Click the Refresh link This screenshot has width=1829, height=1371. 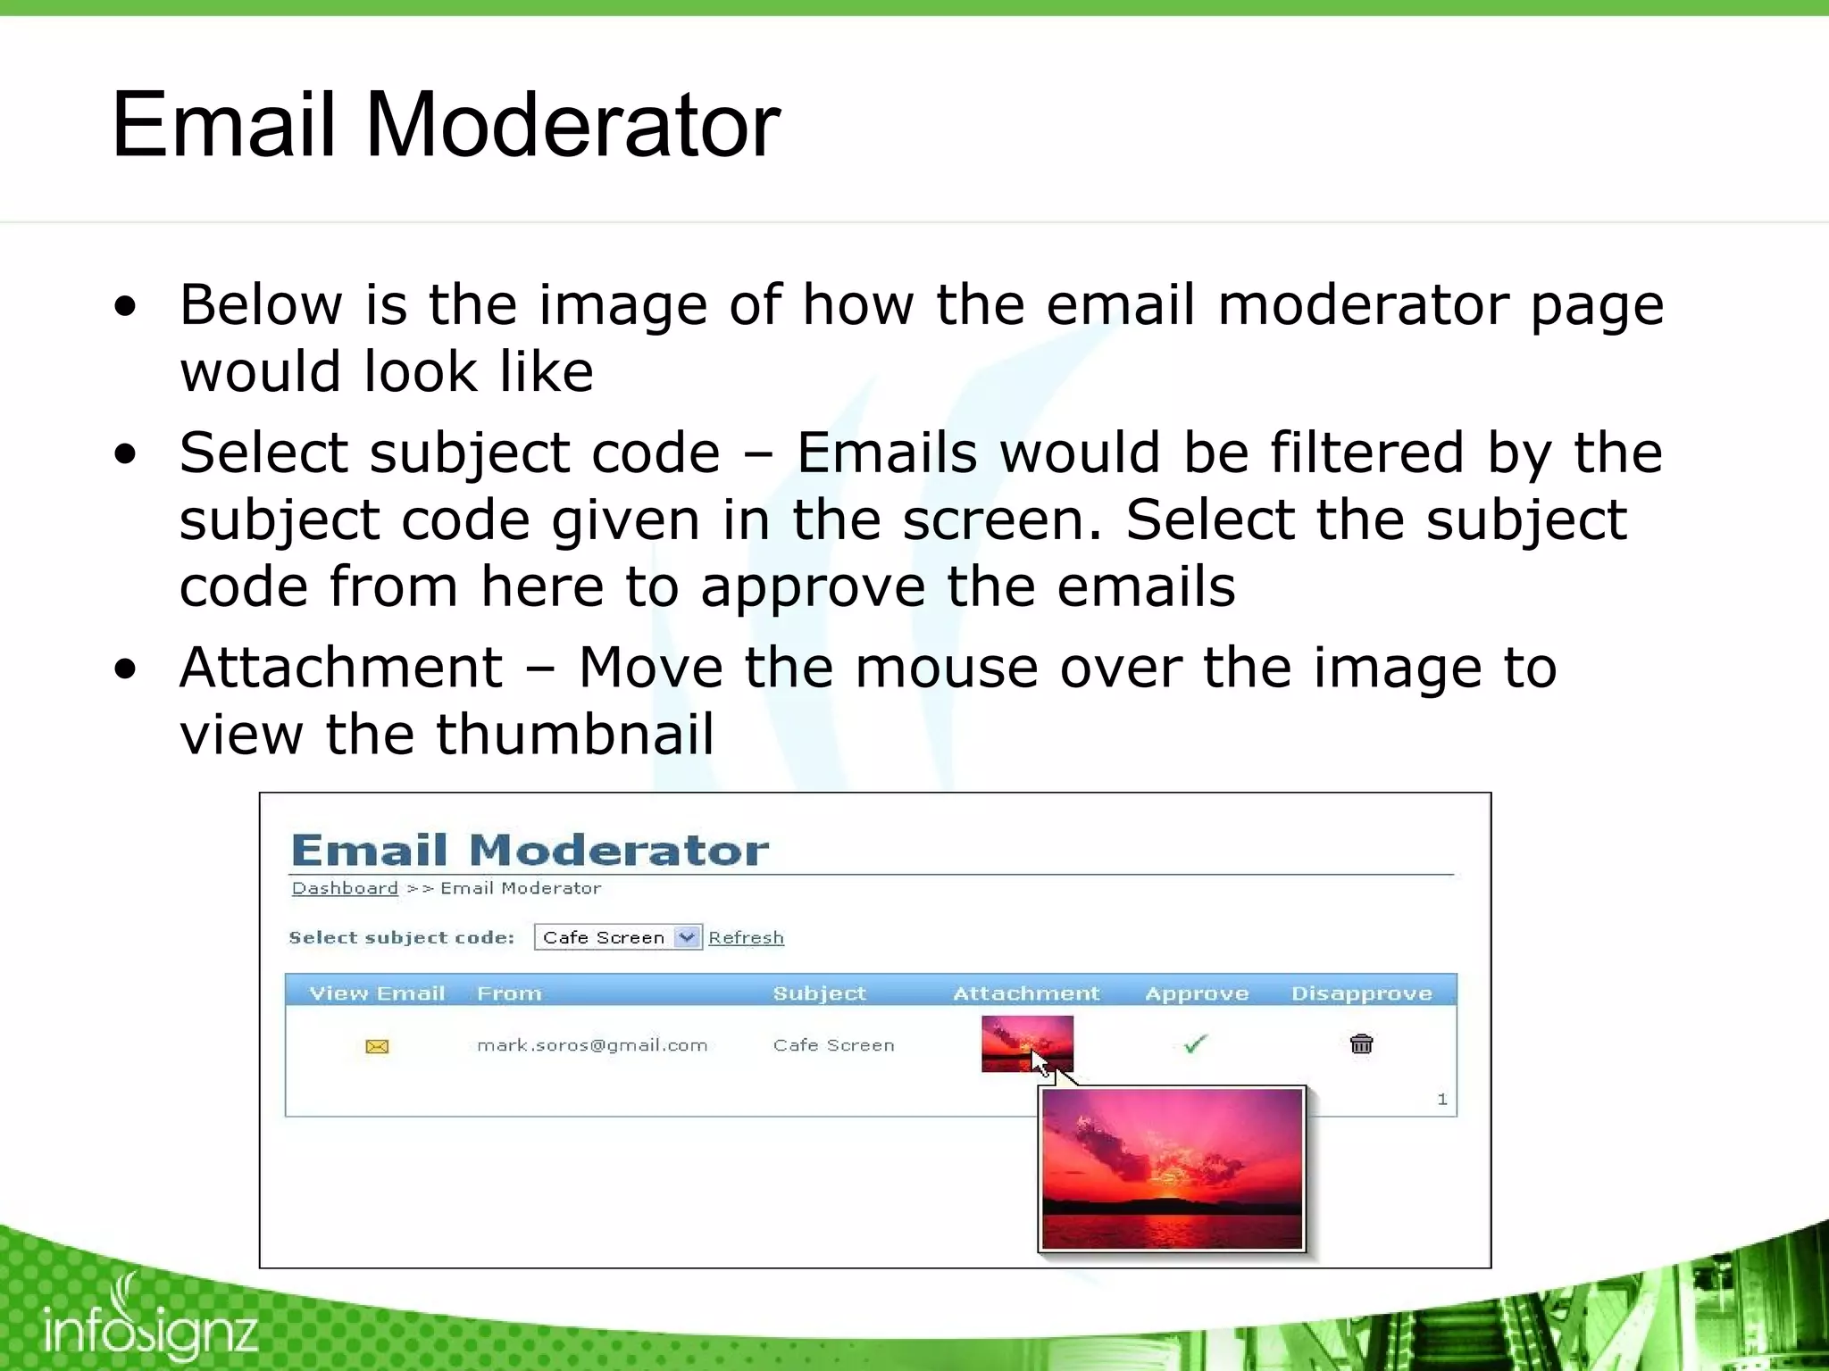coord(746,937)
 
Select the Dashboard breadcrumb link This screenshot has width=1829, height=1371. coord(345,888)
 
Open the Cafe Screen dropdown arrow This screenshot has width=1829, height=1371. coord(687,937)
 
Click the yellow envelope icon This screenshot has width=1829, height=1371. coord(377,1046)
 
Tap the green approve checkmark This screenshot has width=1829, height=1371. coord(1195,1043)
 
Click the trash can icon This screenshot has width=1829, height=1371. coord(1361,1043)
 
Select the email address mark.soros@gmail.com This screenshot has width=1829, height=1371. coord(592,1045)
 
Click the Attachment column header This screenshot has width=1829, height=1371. coord(1026,993)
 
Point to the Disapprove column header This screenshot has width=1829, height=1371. coord(1361,993)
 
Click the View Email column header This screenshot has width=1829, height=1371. coord(377,993)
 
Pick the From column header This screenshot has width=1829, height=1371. coord(509,993)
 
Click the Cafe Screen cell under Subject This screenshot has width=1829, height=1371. coord(833,1045)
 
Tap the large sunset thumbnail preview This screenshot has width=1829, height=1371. coord(1172,1168)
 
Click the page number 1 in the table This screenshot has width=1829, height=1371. coord(1441,1099)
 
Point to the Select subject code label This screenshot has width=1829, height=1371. coord(402,937)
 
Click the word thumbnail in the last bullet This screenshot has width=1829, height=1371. coord(574,734)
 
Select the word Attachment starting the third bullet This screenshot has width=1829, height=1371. coord(341,667)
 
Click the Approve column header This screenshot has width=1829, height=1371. coord(1197,993)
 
